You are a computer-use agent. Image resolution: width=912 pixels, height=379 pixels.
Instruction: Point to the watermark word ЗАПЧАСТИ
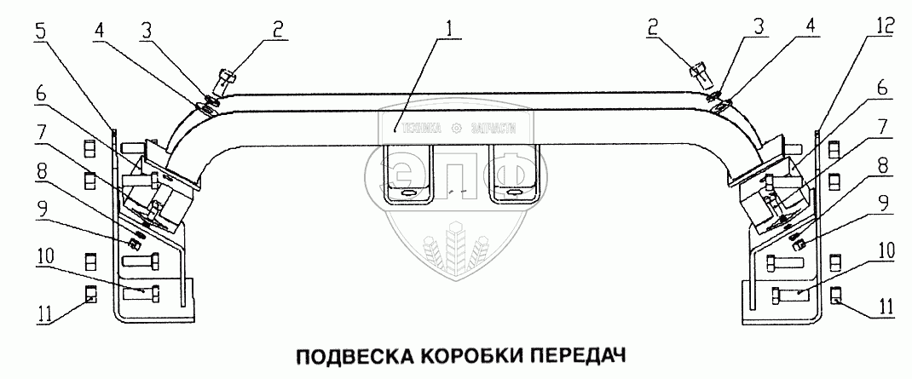pos(493,129)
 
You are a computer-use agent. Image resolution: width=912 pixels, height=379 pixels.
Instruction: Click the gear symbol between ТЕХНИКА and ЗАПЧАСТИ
pos(456,129)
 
